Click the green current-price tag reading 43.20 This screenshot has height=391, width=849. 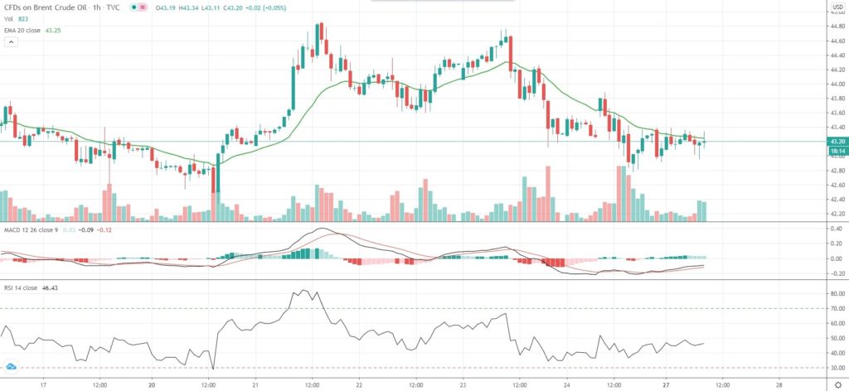[x=837, y=142]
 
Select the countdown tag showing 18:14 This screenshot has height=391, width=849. [x=837, y=151]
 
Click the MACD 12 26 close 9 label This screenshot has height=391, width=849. [x=33, y=229]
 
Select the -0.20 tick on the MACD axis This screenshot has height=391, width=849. [x=836, y=273]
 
